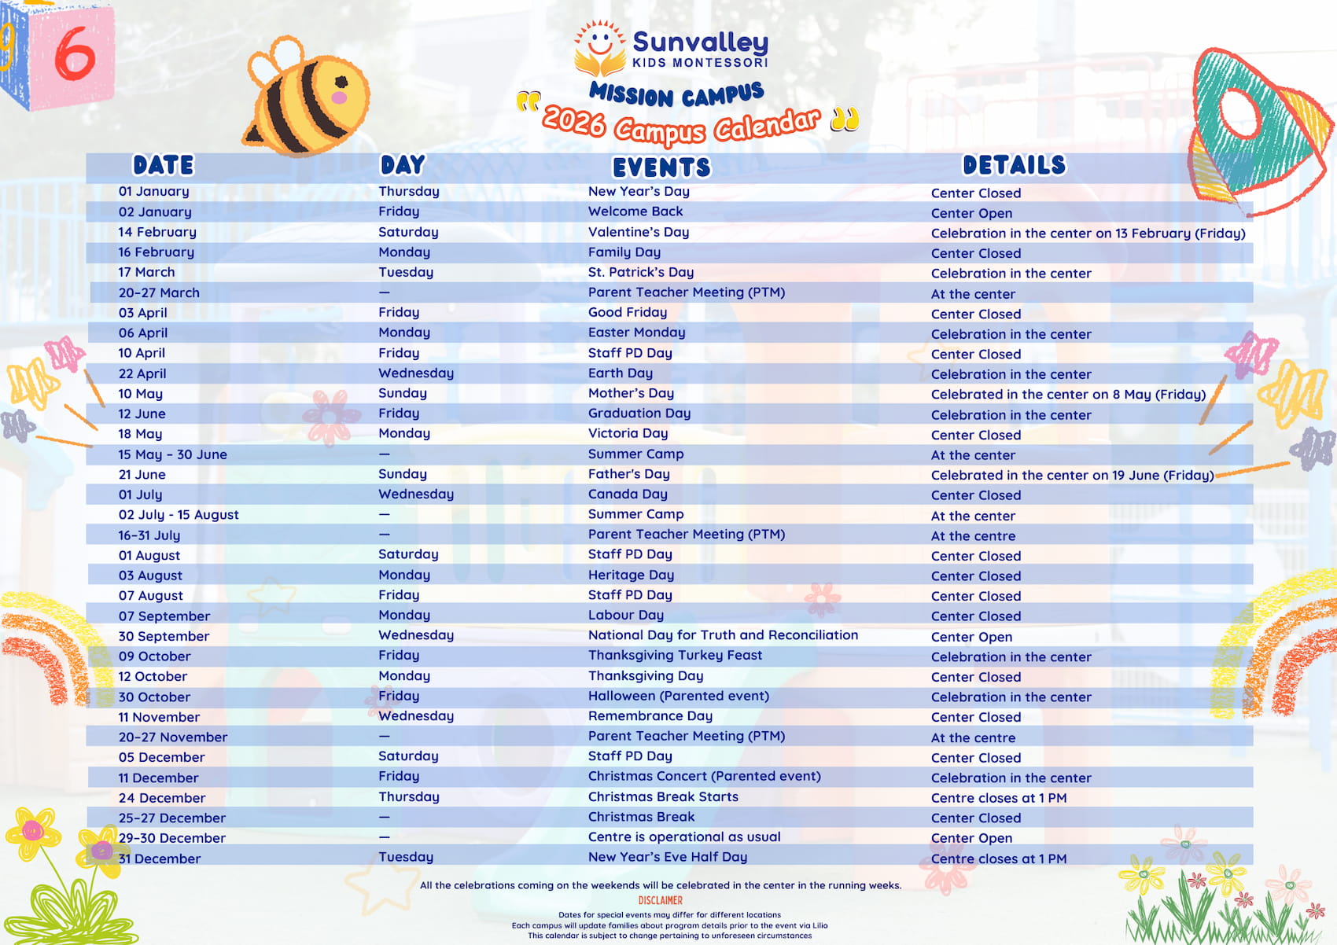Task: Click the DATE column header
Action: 163,165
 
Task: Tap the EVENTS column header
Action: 661,167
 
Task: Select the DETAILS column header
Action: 1014,165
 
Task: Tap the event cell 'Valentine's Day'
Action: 638,232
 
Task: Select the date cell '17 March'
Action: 146,272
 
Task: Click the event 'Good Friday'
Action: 627,312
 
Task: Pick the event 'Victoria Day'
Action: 628,433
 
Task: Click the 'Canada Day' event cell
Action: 628,494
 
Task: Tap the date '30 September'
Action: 164,636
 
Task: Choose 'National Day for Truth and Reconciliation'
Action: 723,635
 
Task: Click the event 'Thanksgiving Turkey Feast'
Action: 675,655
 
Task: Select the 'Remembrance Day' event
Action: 650,716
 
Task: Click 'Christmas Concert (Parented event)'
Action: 704,776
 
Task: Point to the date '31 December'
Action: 160,859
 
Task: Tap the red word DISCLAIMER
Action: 660,901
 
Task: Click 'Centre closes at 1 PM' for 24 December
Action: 998,798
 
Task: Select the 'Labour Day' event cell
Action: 625,615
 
